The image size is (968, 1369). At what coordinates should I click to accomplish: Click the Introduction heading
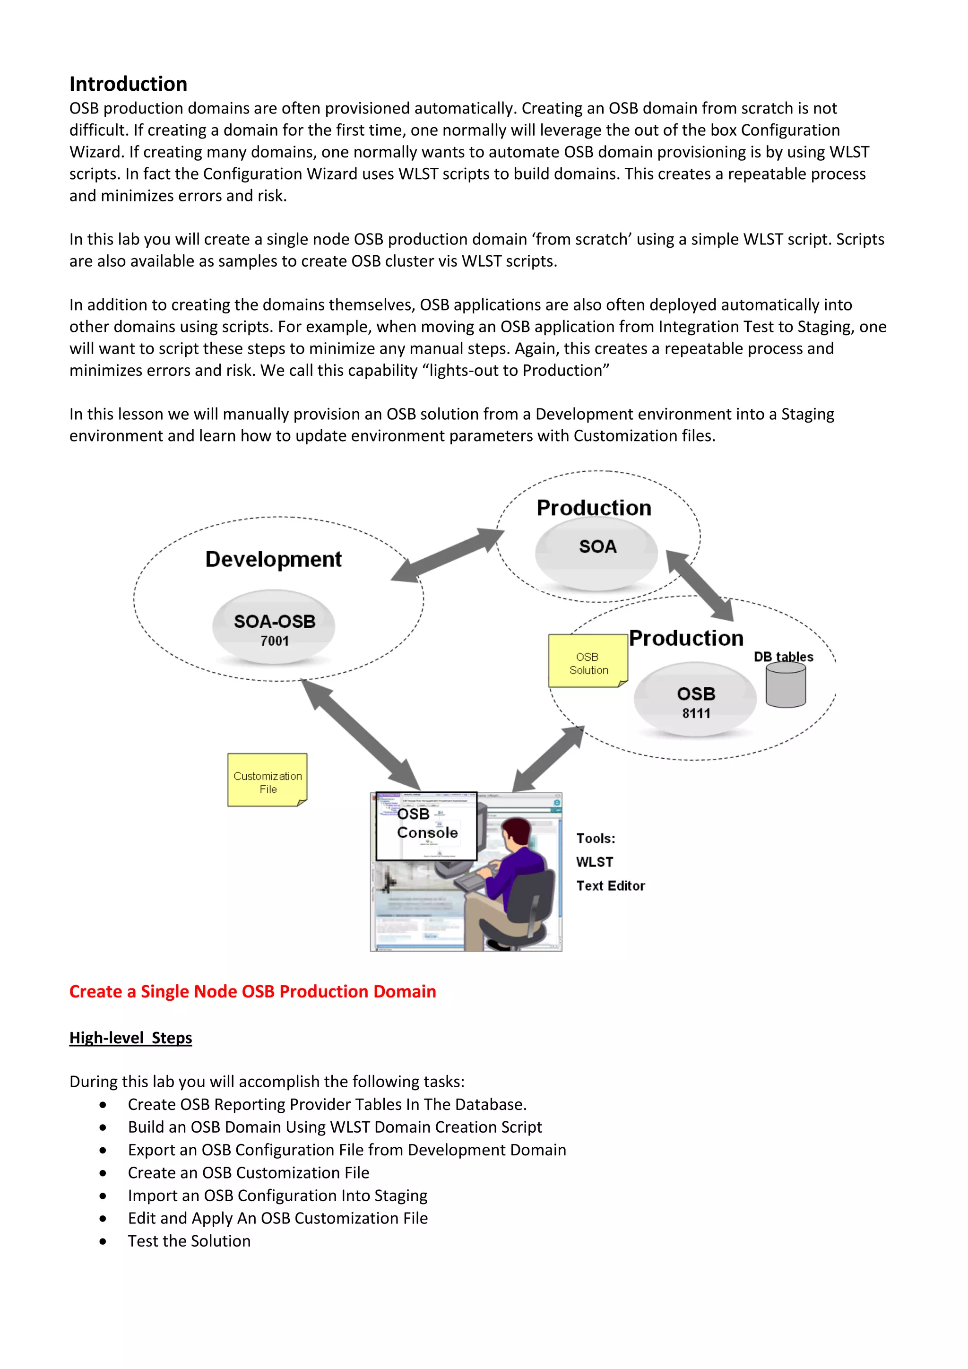128,84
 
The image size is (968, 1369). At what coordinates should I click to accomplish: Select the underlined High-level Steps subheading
130,1038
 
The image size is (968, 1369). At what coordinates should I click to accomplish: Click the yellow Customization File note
267,780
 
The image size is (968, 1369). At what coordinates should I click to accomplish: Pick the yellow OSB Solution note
588,661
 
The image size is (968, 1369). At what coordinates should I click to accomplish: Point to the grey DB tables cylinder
786,686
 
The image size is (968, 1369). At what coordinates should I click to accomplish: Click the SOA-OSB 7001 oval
274,628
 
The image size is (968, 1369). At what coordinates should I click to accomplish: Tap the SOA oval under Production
596,553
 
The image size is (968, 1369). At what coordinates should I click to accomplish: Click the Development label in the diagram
273,559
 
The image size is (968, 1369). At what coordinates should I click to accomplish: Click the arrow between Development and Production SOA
448,555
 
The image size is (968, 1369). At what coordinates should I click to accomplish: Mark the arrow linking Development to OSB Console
361,735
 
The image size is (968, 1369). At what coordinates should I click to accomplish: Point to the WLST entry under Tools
594,862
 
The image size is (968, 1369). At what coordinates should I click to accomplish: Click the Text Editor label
610,885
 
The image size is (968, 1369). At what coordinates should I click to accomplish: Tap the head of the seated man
516,830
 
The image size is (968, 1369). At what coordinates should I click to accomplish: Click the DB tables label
783,657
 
